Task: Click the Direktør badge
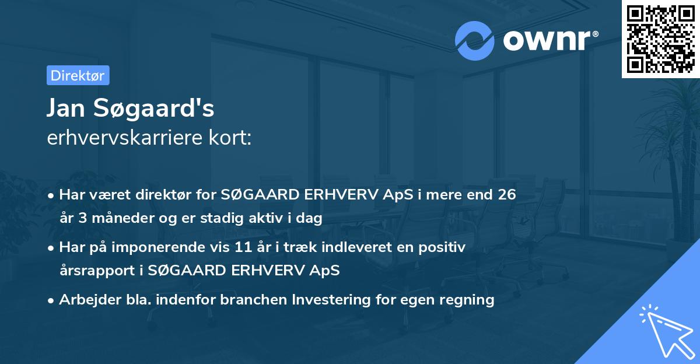tap(77, 75)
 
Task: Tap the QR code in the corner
tap(660, 39)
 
